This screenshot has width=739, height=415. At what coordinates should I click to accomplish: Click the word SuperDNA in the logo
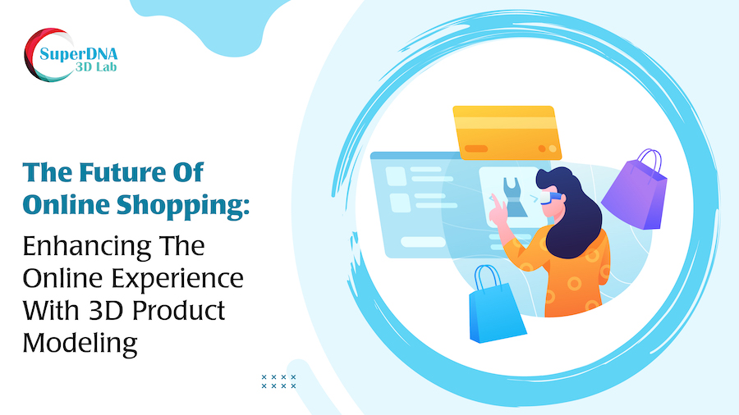click(x=78, y=55)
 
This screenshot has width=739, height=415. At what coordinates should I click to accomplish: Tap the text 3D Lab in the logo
click(x=96, y=67)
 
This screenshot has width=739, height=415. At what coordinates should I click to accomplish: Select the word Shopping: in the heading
click(x=182, y=206)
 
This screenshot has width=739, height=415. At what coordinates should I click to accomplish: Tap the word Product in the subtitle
click(x=179, y=311)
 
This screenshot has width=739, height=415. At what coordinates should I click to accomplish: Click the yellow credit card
click(x=507, y=133)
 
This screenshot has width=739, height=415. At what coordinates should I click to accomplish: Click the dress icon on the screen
click(x=515, y=197)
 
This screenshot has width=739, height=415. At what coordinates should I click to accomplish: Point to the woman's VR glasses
click(x=550, y=198)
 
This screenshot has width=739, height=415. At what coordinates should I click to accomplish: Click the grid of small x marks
click(x=278, y=381)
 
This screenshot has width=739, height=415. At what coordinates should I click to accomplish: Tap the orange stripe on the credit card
click(x=476, y=148)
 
